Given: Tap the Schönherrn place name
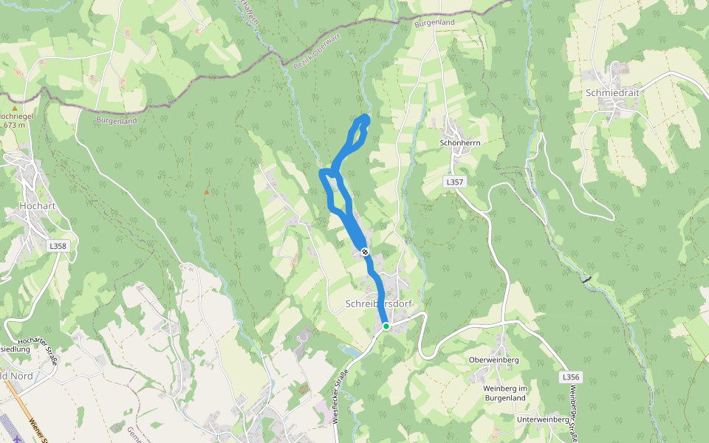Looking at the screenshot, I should tap(460, 142).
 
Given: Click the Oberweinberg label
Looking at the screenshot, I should tap(494, 360).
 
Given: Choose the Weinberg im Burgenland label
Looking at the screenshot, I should tap(504, 393).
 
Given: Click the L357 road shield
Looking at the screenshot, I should tap(453, 181).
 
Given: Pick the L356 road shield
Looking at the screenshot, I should tap(570, 377).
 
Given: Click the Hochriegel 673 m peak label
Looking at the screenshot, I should tap(13, 120).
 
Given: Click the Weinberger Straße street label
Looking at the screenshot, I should tap(574, 415).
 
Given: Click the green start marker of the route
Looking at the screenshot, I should tap(386, 326).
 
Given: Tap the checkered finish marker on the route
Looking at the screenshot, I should tap(365, 252).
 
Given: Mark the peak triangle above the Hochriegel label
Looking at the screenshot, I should tap(13, 108).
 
